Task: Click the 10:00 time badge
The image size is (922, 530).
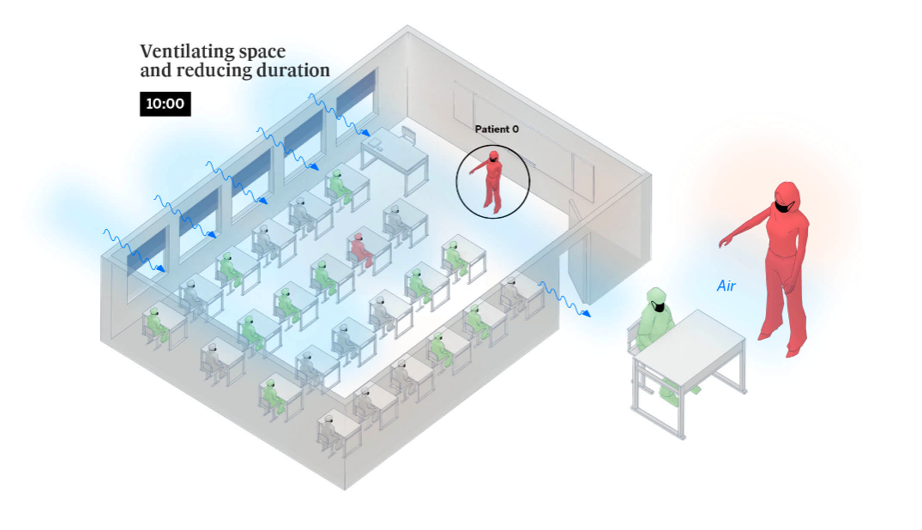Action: point(166,105)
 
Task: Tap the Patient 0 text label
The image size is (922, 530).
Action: point(497,129)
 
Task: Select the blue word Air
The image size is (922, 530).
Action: point(726,286)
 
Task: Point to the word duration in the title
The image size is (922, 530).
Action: point(292,71)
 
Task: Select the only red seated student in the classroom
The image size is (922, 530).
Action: point(360,249)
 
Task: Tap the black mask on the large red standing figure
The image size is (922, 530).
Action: point(785,206)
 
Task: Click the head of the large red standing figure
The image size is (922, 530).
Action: point(786,195)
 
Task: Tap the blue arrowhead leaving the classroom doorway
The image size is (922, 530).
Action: point(587,314)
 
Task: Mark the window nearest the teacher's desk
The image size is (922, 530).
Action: point(356,94)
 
